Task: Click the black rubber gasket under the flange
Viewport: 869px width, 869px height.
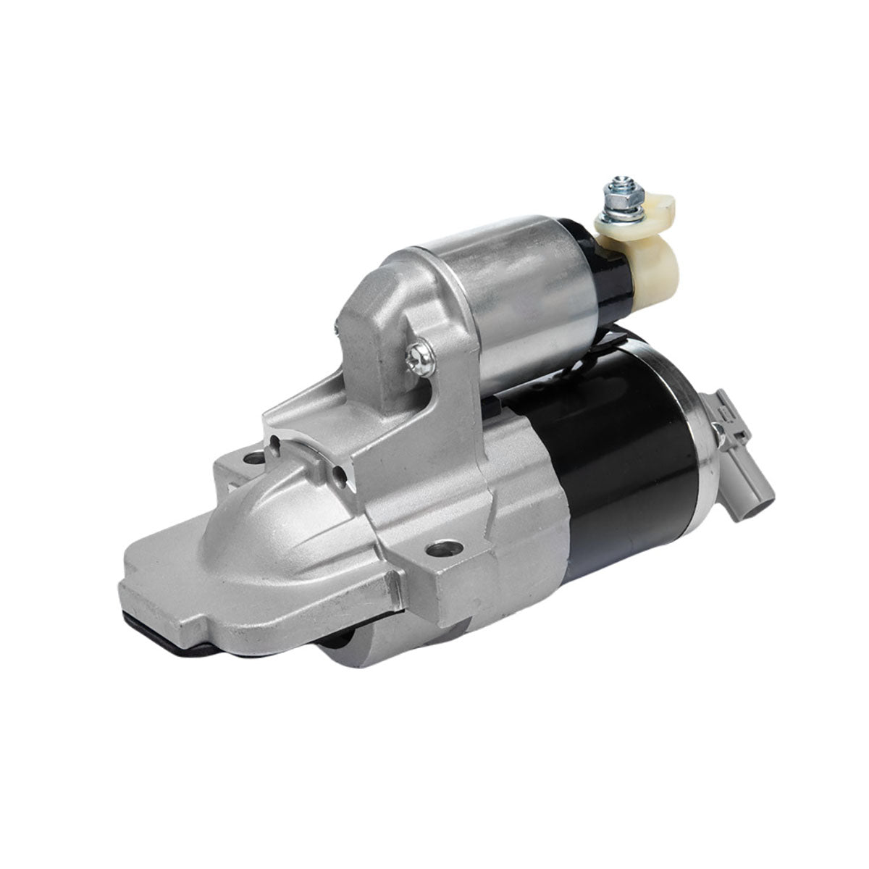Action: click(x=167, y=623)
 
